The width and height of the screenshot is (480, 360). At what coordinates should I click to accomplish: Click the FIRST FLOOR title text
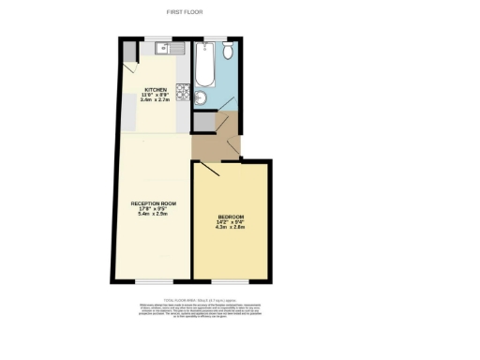click(185, 12)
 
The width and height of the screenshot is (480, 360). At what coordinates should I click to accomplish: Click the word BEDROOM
click(231, 217)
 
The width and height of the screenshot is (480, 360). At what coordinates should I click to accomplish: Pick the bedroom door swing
click(209, 169)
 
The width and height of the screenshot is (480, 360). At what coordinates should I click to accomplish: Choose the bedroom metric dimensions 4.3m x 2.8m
click(231, 228)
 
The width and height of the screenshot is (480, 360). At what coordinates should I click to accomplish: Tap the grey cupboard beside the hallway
click(202, 122)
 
